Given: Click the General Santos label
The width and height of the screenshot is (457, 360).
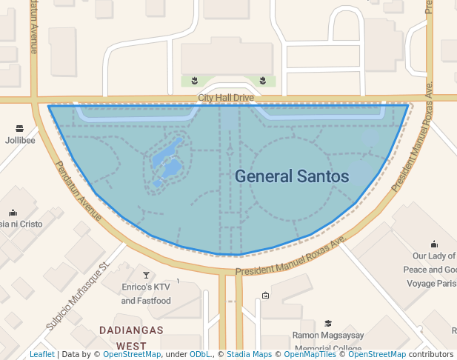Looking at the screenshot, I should point(292,176).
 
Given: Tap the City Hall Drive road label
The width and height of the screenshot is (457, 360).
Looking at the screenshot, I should point(226,98).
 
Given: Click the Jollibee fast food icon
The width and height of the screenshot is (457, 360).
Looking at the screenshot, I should point(19,127).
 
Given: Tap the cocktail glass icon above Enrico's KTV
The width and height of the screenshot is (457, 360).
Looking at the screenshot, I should point(146,276).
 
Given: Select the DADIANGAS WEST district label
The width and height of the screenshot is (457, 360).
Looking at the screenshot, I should point(130,337).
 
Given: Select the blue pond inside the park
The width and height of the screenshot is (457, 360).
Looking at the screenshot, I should point(168,160).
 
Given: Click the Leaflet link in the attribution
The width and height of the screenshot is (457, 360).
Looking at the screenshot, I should point(41,355).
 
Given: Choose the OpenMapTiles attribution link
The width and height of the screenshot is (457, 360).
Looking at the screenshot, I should point(304,355).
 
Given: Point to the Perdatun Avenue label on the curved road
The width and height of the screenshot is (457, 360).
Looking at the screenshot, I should point(79,190).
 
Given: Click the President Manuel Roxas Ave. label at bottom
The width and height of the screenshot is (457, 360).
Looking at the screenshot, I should point(291,257).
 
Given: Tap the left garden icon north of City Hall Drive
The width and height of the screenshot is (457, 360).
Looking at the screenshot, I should point(194,80).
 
